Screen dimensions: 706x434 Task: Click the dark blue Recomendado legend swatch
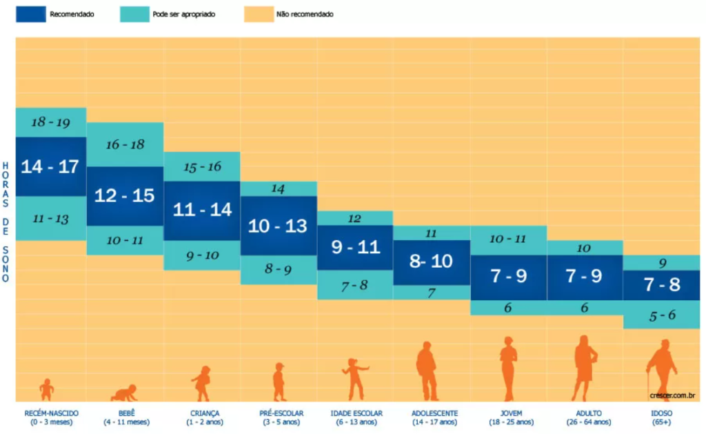click(30, 14)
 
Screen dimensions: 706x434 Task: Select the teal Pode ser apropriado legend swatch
click(134, 14)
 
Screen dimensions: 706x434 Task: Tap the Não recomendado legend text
click(305, 14)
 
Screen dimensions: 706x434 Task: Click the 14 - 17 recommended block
click(51, 166)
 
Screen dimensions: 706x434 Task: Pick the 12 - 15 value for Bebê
click(125, 196)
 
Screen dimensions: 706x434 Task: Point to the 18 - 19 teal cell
click(51, 122)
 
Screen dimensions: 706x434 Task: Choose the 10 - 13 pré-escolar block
click(279, 226)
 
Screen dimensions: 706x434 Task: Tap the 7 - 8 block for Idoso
click(661, 285)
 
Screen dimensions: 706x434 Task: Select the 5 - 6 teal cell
click(661, 315)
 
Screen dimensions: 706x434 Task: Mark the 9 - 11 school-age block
click(355, 248)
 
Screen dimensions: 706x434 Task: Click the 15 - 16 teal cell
click(202, 167)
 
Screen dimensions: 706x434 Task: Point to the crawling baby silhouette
click(124, 393)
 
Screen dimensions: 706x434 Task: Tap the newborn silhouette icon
click(46, 390)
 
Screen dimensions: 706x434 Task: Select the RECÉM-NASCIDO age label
click(51, 413)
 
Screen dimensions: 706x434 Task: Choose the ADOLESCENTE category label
click(434, 413)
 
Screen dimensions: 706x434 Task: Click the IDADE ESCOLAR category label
click(356, 413)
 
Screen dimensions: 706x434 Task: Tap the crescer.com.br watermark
click(672, 395)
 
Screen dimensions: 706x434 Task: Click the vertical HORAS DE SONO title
click(6, 221)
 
